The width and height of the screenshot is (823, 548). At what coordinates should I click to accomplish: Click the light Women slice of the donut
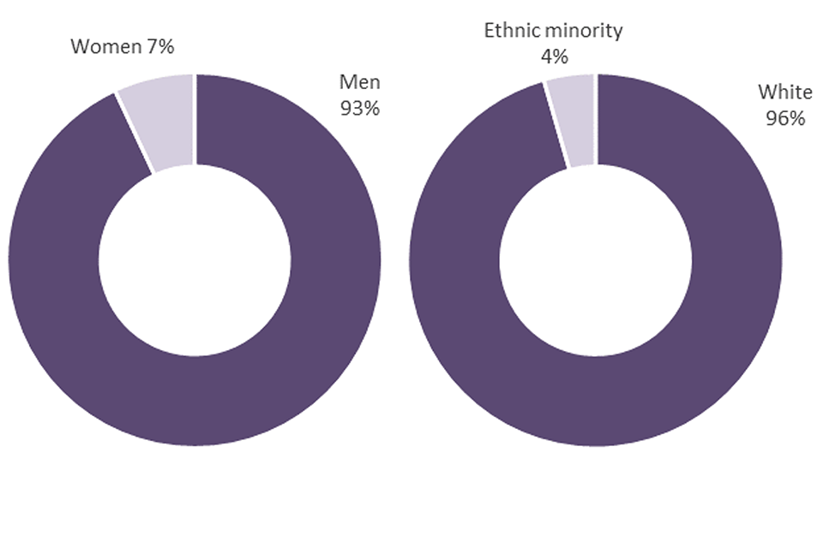163,120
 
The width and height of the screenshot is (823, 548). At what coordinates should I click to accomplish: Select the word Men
360,82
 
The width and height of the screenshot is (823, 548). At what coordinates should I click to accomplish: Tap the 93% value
360,109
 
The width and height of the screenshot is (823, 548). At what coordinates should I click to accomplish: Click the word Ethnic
511,32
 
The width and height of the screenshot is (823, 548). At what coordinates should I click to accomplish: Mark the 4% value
553,57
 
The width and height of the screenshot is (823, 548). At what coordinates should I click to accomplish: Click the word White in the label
785,92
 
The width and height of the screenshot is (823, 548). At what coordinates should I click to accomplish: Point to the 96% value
785,118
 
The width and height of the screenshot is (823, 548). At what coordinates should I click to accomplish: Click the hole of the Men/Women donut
195,259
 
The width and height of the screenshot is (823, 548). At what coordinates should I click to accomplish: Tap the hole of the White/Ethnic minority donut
596,259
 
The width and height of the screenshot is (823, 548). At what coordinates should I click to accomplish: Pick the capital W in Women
79,46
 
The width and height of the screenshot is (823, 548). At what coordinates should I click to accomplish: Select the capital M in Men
347,82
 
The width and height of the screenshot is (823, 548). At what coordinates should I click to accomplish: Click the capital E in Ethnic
490,32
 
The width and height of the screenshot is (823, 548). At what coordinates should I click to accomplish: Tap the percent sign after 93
372,109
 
